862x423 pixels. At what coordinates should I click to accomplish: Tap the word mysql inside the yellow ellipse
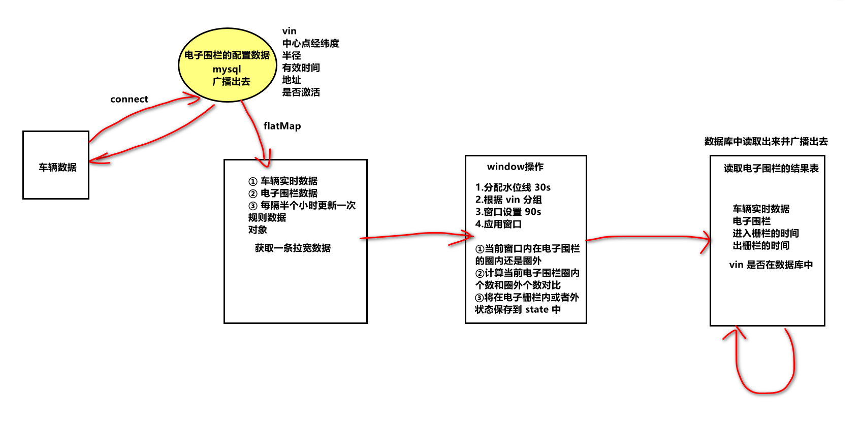227,69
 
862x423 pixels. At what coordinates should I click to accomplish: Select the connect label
129,99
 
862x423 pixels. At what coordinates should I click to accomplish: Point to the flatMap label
282,126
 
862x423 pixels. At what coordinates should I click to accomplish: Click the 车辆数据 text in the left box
57,167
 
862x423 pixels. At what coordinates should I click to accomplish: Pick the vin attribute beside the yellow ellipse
289,31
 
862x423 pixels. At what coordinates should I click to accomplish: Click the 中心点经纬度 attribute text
310,43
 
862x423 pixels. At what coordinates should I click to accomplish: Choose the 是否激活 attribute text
301,92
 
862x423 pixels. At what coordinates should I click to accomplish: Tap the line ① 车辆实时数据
283,181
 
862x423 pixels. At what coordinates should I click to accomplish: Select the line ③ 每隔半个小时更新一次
302,205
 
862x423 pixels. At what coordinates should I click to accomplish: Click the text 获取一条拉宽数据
293,248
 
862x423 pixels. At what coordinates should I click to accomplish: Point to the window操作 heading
515,167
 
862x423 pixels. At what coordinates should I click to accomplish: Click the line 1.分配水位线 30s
513,187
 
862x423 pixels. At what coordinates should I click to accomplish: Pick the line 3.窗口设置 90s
508,212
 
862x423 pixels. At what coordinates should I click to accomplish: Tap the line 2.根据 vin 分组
508,200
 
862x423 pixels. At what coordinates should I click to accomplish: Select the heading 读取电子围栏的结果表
771,168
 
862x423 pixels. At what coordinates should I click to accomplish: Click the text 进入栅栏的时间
765,233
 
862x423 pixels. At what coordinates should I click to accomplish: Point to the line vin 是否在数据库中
771,265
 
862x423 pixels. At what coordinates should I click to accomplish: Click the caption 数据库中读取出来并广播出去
766,141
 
